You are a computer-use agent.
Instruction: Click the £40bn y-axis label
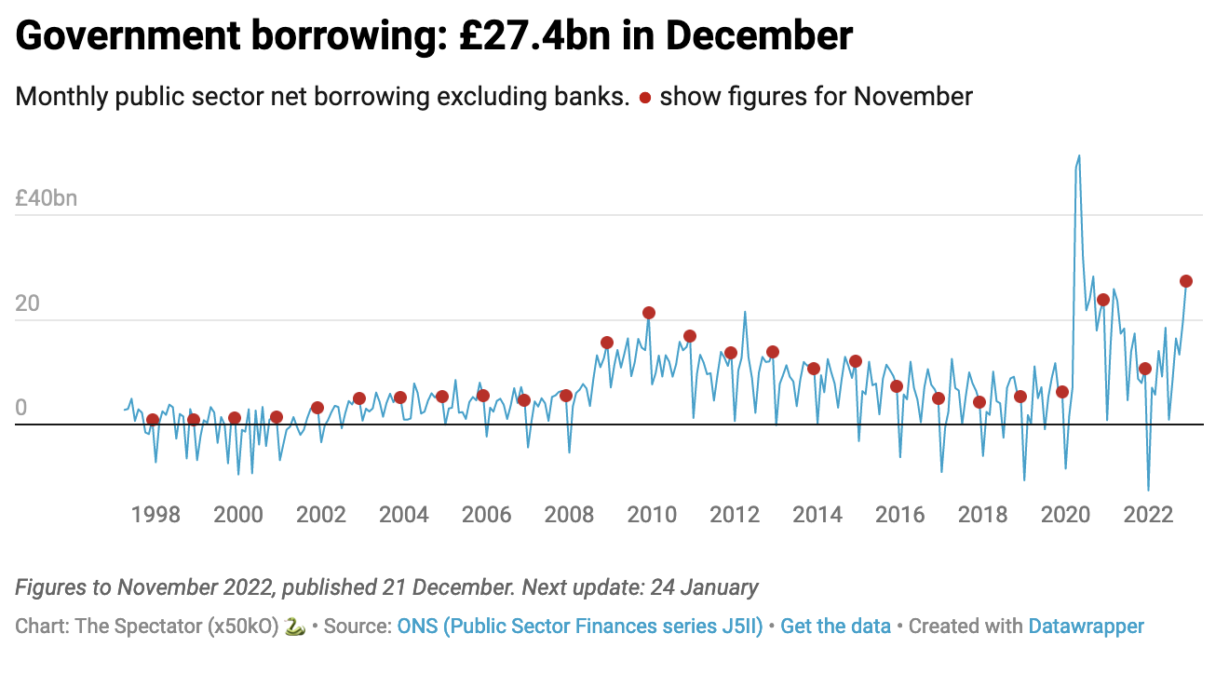tap(47, 198)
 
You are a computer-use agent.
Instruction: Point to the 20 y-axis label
tap(28, 303)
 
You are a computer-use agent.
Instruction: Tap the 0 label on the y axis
tap(21, 408)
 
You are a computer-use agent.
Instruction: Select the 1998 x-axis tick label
tap(155, 515)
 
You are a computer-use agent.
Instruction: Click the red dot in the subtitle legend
tap(644, 98)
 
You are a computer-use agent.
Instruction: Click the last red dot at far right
tap(1186, 281)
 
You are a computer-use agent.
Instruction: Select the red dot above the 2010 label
tap(649, 313)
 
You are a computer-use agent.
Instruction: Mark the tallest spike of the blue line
tap(1079, 156)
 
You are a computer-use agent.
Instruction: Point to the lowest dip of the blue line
tap(1149, 490)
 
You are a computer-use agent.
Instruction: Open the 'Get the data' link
tap(835, 627)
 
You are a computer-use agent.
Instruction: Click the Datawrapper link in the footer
tap(1086, 627)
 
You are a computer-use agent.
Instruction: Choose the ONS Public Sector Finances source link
tap(580, 627)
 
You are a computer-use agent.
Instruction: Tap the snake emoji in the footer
tap(294, 627)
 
